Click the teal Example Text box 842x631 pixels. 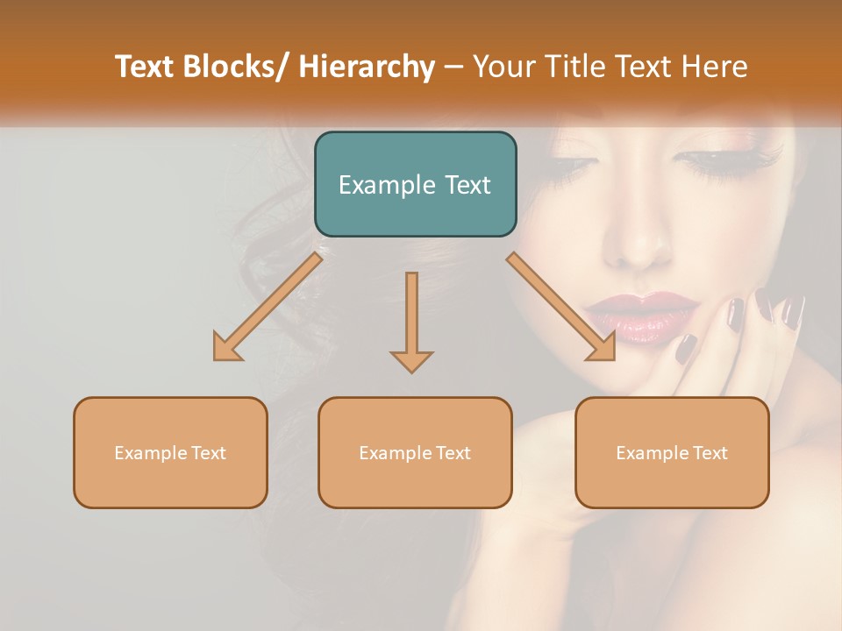(x=415, y=184)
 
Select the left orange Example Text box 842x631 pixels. (x=170, y=452)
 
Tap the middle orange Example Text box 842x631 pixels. (x=415, y=452)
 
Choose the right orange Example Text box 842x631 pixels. (x=672, y=452)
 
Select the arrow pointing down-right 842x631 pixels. (x=562, y=308)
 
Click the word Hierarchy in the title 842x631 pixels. (x=367, y=67)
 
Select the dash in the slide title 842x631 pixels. (x=453, y=67)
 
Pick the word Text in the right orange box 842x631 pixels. (x=710, y=453)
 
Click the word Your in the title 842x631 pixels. (x=503, y=67)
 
